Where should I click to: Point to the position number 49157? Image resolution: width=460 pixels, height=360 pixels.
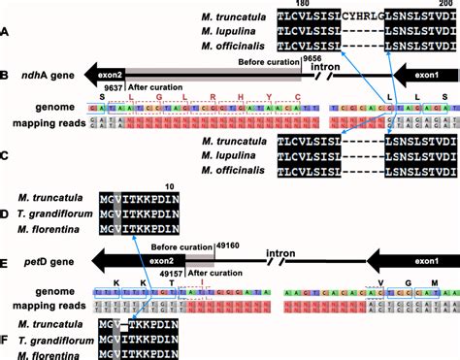pos(160,276)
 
